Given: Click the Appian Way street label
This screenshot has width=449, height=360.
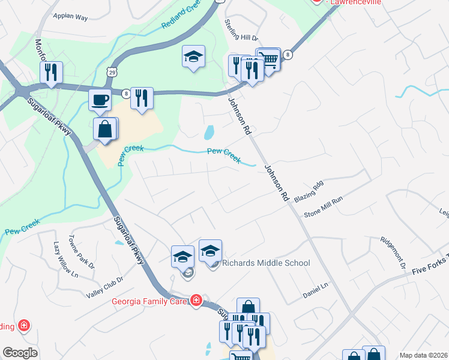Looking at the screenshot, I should (70, 17).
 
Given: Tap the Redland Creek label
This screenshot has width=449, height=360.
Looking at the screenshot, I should (181, 18).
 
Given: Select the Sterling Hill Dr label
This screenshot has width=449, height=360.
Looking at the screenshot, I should (241, 31).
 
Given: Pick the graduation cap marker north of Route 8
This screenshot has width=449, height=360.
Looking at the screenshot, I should (193, 57).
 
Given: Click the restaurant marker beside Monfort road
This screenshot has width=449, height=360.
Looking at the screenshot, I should (51, 72).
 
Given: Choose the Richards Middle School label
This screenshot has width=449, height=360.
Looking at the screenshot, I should (266, 263).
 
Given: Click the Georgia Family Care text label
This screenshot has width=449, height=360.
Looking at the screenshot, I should (149, 301).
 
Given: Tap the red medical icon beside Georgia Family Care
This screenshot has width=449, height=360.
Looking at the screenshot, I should (196, 301).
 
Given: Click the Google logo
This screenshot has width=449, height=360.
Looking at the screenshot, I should (20, 353).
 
